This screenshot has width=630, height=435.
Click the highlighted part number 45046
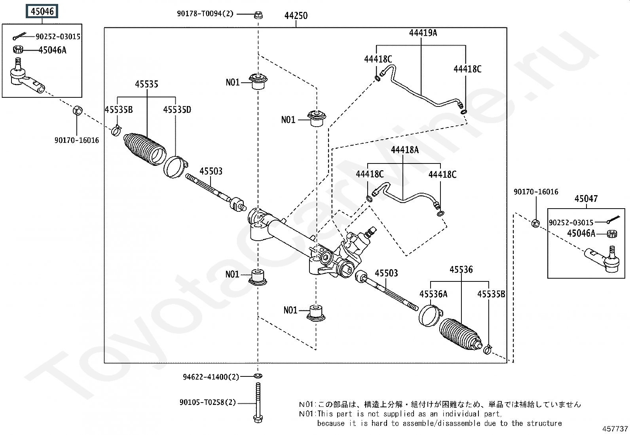click(42, 11)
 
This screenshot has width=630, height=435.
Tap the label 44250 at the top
click(296, 16)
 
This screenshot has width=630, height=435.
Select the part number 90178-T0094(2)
click(205, 14)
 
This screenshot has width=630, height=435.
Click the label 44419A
click(423, 33)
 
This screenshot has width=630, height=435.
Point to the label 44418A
click(404, 150)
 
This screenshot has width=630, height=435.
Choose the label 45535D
click(177, 110)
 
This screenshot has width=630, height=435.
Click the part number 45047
click(586, 199)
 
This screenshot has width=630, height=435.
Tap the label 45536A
click(433, 294)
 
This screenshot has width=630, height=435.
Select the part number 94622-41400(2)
click(211, 377)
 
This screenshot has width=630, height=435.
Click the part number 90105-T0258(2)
click(207, 403)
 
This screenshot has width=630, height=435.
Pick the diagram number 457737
click(615, 429)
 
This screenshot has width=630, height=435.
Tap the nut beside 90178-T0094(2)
click(258, 15)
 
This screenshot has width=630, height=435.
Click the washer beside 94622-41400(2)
click(258, 376)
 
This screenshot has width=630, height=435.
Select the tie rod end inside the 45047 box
click(602, 259)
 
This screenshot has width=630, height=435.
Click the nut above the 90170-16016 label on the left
click(77, 110)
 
